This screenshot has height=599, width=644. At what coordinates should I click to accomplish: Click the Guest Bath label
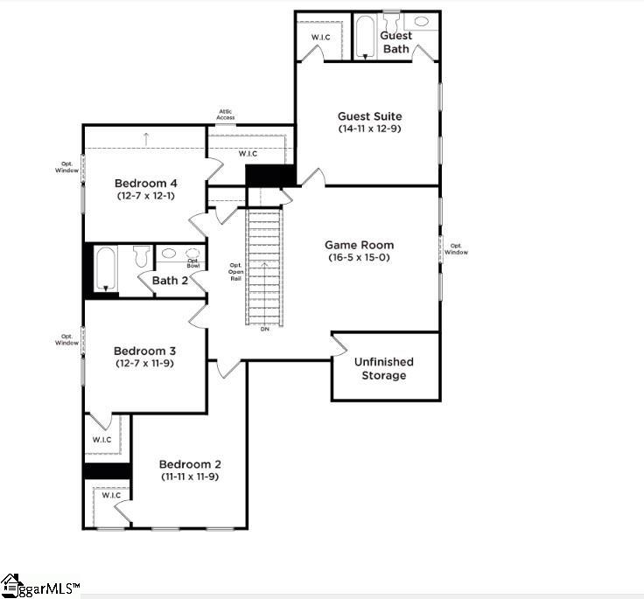[395, 42]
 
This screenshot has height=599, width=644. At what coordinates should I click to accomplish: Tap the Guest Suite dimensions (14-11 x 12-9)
[370, 129]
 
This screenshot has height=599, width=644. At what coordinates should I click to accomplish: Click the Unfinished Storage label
[384, 368]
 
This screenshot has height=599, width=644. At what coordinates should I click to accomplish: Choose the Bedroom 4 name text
[146, 183]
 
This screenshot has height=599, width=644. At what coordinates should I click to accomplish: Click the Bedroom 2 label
[190, 463]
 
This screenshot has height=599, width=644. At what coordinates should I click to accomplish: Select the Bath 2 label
[170, 281]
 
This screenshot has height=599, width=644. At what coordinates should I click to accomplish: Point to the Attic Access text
[226, 115]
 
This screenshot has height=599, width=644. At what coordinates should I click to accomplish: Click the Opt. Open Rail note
[235, 272]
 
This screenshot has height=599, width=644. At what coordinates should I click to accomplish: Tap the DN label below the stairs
[264, 329]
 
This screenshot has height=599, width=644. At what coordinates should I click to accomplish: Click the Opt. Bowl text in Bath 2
[193, 262]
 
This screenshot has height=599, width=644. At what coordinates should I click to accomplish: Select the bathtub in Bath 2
[106, 268]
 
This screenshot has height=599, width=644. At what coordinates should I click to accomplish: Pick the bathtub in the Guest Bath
[365, 36]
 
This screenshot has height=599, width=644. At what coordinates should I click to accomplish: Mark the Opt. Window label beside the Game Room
[458, 249]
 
